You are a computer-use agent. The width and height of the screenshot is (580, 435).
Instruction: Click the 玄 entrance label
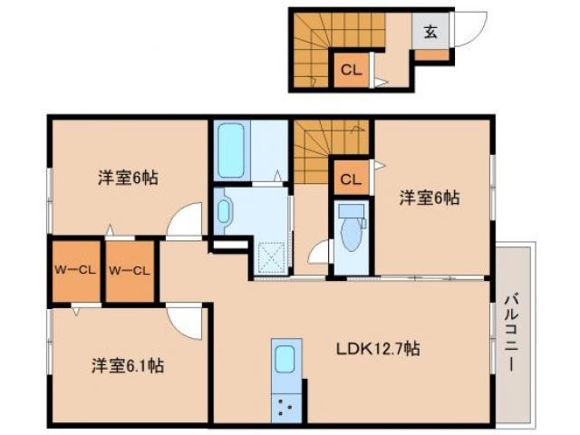(x=430, y=33)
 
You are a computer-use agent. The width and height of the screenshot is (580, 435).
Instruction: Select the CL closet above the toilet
(x=348, y=179)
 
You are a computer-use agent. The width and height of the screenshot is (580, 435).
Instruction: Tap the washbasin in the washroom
(x=224, y=211)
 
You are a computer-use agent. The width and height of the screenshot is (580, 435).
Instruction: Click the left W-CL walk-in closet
(x=73, y=270)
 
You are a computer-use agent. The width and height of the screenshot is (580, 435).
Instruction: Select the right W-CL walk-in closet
(x=130, y=270)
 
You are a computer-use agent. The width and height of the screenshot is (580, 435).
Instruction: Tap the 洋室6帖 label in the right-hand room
(x=430, y=197)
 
